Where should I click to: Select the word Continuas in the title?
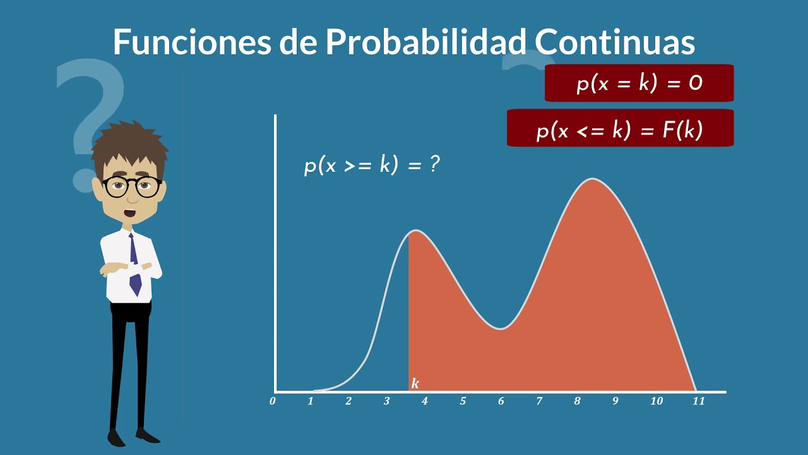(x=615, y=42)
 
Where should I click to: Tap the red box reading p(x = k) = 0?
(x=639, y=83)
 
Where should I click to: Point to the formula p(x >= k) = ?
(x=372, y=166)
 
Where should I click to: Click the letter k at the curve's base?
(x=415, y=384)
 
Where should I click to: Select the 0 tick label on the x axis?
(x=273, y=401)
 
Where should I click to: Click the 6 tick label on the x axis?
(x=501, y=401)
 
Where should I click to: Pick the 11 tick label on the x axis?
(x=698, y=401)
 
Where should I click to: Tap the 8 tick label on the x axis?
(x=577, y=401)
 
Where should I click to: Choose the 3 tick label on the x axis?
(x=386, y=401)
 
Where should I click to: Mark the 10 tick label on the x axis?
(x=656, y=401)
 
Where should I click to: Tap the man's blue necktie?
(x=134, y=265)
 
